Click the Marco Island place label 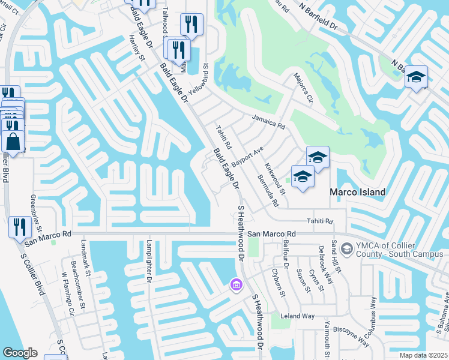(x=357, y=192)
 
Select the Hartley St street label (x=137, y=47)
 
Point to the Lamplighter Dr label (x=149, y=261)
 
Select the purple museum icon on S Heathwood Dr (x=236, y=284)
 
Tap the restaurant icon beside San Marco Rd (x=20, y=227)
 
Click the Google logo (x=19, y=353)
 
